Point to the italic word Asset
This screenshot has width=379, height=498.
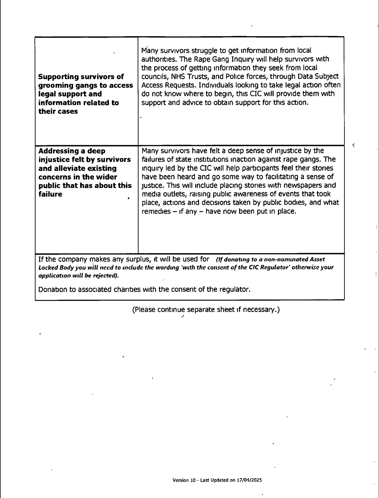(x=317, y=260)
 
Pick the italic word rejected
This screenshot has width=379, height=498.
(x=106, y=275)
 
